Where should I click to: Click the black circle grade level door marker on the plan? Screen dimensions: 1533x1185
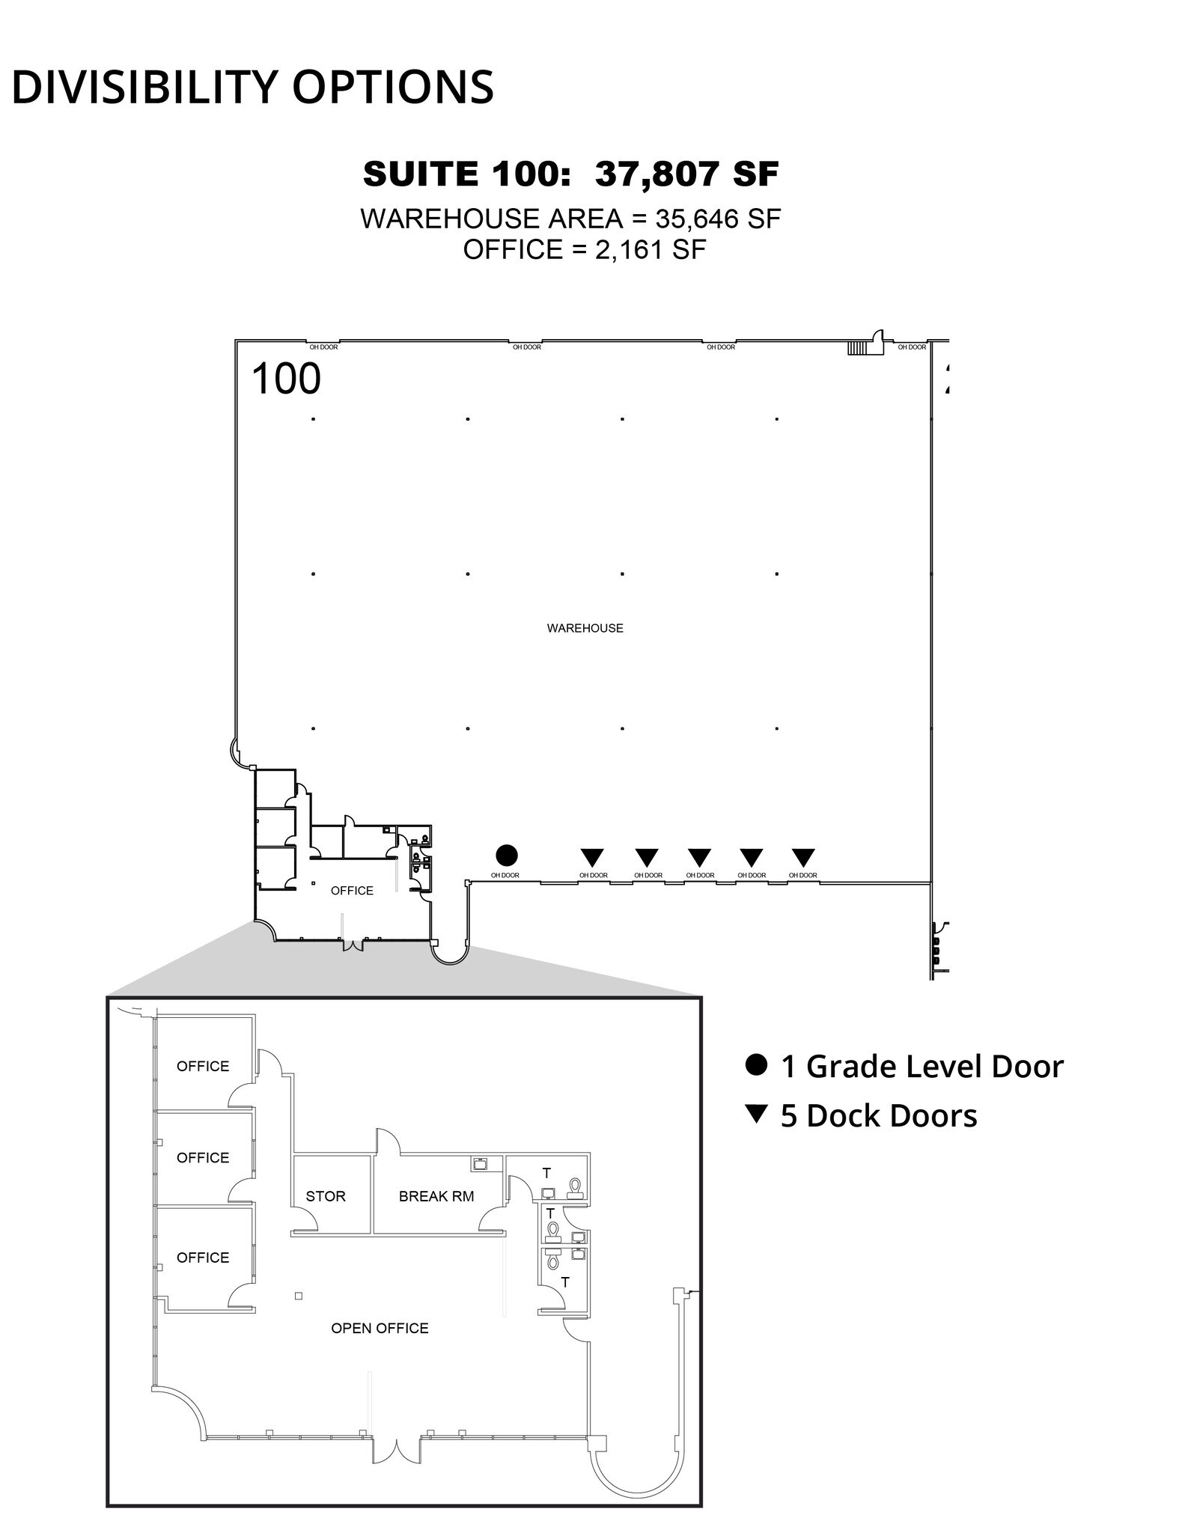507,855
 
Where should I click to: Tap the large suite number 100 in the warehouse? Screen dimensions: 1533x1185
286,379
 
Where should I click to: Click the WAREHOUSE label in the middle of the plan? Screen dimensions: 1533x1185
585,628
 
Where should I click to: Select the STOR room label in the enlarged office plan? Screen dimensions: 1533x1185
326,1196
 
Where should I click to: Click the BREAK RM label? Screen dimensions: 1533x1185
436,1196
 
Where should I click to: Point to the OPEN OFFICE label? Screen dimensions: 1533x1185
380,1328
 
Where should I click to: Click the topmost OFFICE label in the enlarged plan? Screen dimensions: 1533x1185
203,1066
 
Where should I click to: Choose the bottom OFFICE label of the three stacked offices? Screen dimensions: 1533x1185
203,1258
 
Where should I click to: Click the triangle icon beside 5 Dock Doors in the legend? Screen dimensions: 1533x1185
757,1115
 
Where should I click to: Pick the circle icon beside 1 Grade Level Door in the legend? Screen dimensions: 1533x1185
757,1064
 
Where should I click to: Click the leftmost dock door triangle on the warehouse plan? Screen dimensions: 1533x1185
592,856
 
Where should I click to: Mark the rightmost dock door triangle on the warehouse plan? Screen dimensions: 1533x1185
803,856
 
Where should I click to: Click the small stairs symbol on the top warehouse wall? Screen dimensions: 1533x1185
857,348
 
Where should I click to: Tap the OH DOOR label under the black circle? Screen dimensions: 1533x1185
505,875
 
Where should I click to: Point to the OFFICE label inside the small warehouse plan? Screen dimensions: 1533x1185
352,890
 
